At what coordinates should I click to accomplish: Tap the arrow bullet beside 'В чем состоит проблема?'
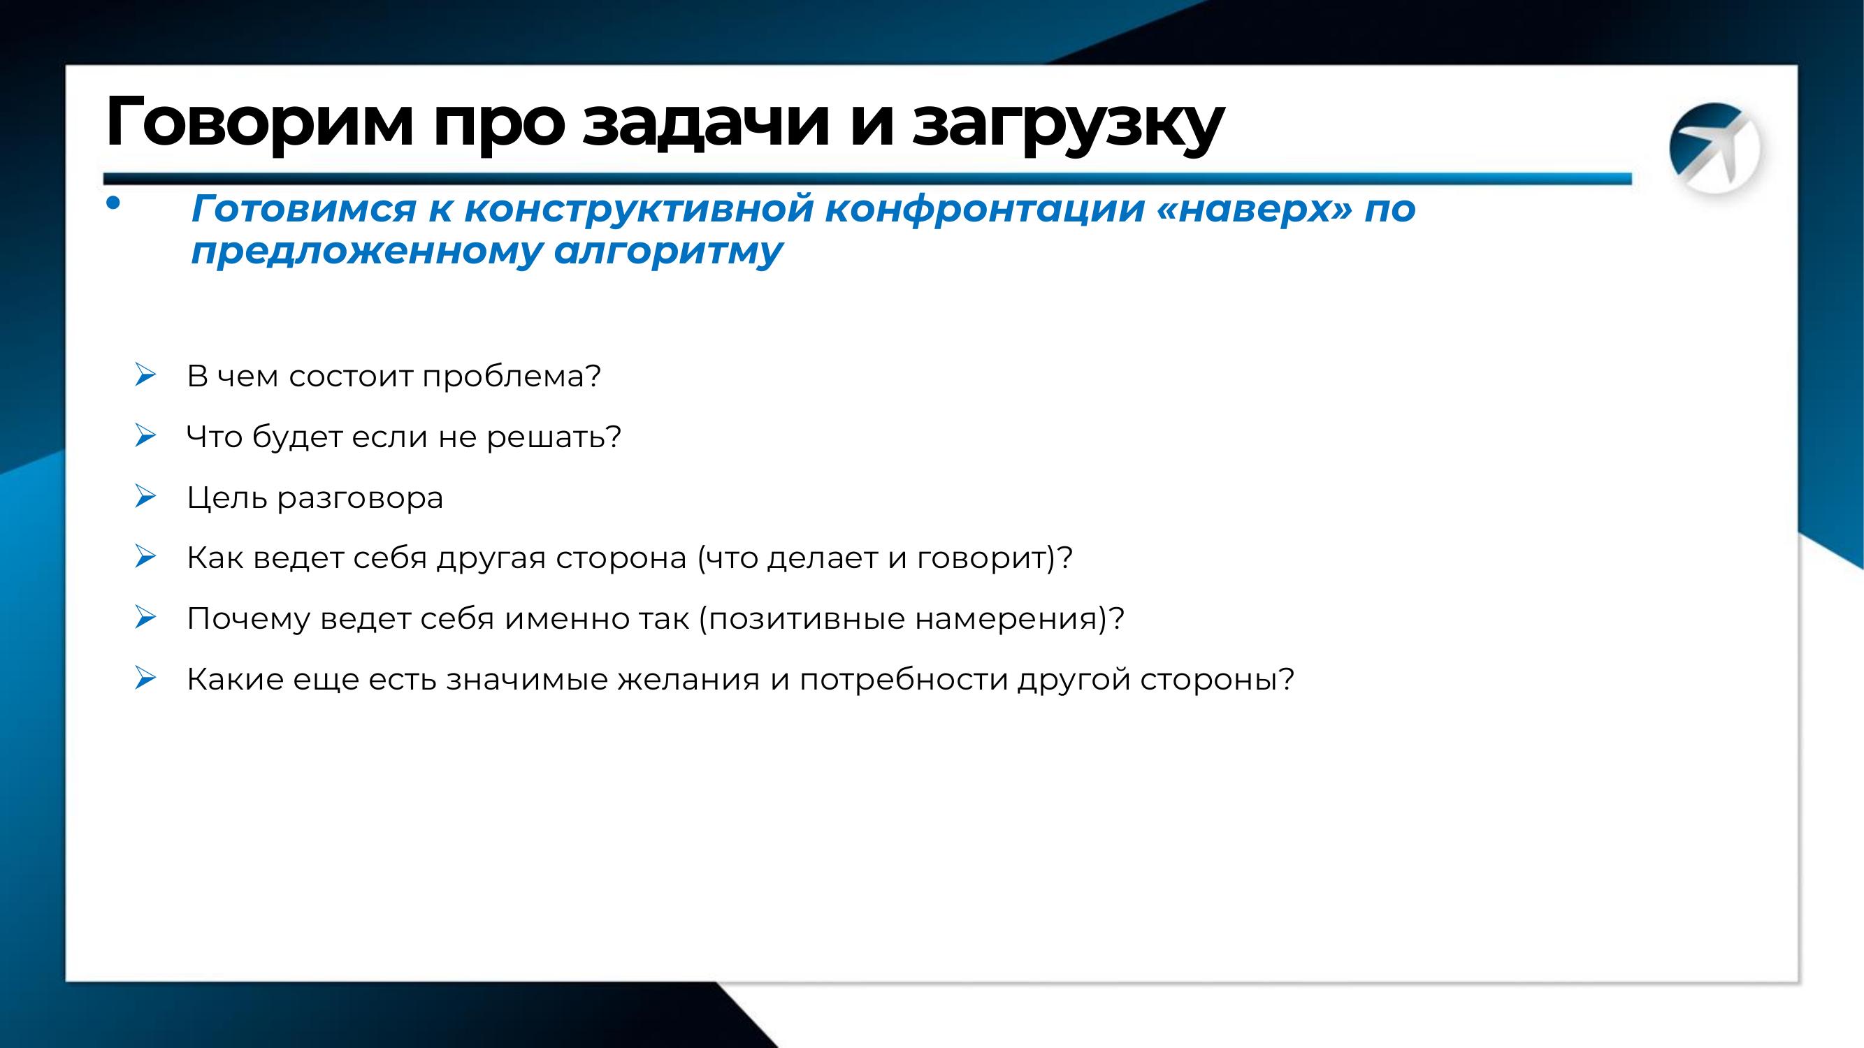(x=145, y=374)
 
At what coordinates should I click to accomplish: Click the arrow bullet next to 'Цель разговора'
(x=145, y=496)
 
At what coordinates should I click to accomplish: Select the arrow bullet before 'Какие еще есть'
(x=145, y=678)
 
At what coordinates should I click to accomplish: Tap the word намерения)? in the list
(x=1020, y=620)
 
